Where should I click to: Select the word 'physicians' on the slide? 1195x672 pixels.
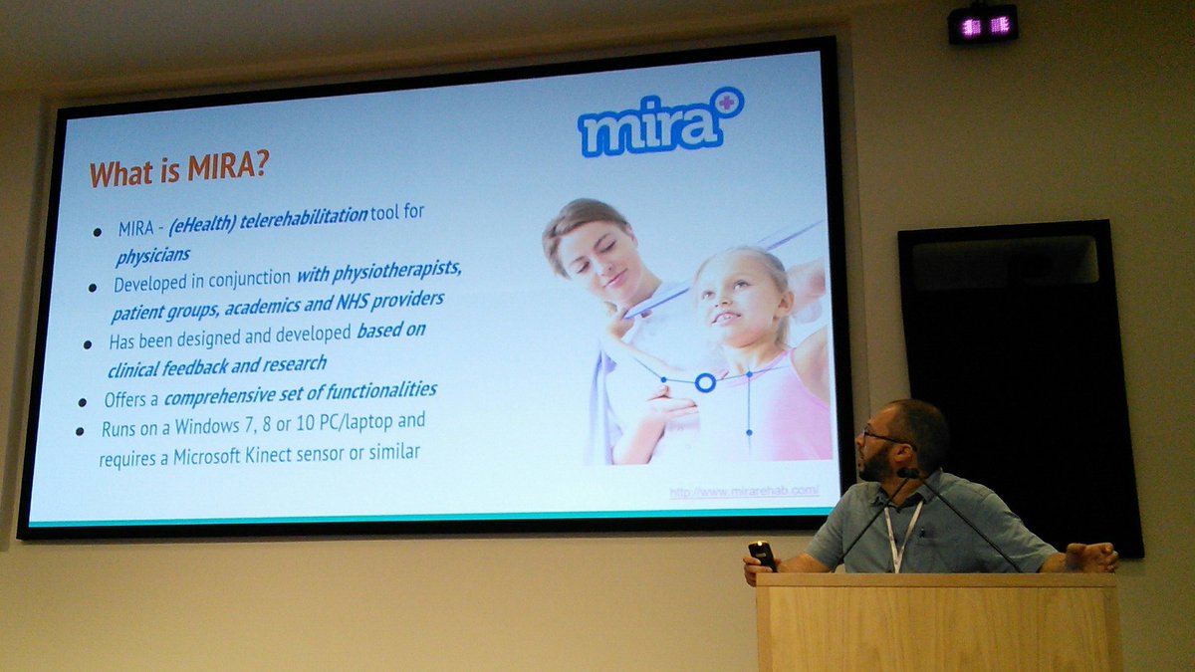(x=151, y=256)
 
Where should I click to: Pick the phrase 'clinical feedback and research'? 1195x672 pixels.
(x=217, y=364)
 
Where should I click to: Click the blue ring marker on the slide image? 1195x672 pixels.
(x=705, y=382)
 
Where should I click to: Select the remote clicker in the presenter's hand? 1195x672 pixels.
(x=761, y=554)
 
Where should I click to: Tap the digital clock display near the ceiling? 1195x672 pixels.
(x=982, y=26)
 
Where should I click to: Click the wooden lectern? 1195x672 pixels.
(x=936, y=622)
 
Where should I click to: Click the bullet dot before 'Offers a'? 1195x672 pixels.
(x=83, y=402)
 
